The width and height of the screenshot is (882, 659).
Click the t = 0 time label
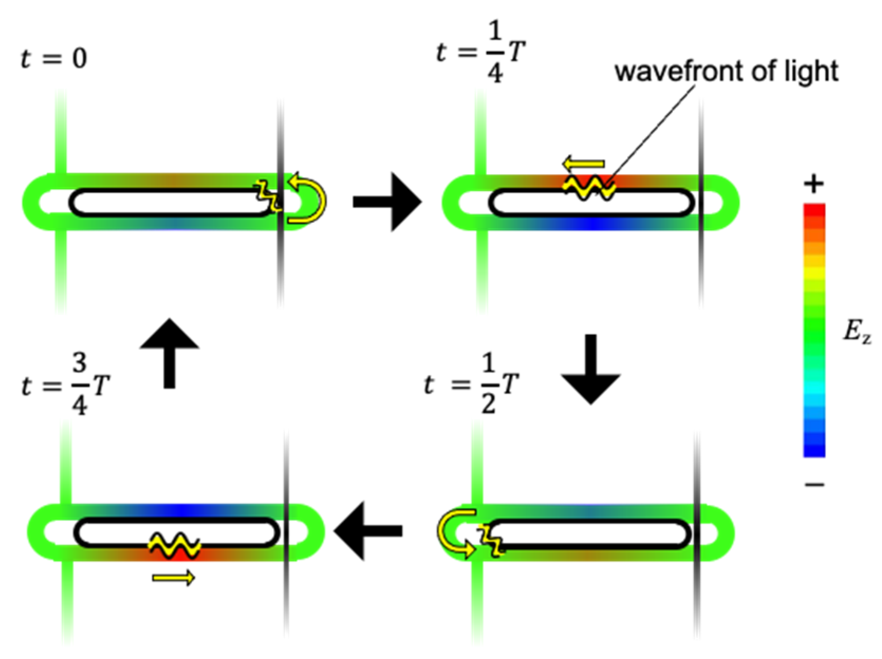tap(54, 58)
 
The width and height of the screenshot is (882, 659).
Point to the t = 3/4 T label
tap(65, 386)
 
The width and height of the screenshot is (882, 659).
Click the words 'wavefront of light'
tap(726, 71)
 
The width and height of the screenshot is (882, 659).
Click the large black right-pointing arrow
tap(387, 201)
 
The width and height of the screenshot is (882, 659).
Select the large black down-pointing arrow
tap(590, 370)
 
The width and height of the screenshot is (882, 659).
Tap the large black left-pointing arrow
tap(368, 531)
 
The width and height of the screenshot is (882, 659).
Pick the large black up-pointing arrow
tap(170, 353)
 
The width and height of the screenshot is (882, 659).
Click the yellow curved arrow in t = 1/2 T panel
tap(453, 533)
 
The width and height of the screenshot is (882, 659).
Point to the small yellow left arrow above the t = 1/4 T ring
tap(584, 164)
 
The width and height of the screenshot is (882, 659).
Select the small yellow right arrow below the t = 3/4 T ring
tap(173, 578)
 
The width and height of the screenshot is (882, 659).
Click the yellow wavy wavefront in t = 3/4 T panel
tap(174, 544)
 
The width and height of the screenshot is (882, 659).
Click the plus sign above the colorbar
tap(813, 184)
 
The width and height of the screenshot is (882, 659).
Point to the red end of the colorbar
tap(814, 211)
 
